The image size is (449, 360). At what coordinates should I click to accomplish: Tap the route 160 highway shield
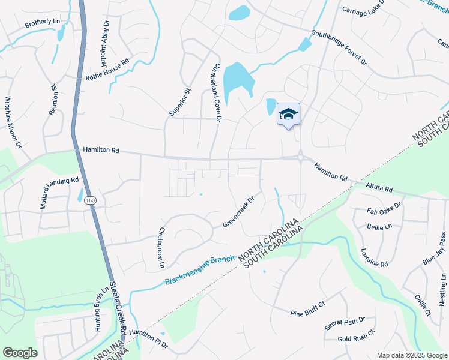point(89,200)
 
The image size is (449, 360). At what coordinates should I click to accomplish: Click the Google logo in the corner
point(20,353)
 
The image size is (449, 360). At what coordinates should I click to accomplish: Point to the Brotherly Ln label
point(43,23)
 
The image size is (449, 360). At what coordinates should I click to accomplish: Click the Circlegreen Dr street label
point(160,247)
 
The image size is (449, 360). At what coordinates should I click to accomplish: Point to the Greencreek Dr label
point(239,210)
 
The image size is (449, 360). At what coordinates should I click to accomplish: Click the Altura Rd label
point(379,188)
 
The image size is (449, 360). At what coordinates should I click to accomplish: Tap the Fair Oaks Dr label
point(384,212)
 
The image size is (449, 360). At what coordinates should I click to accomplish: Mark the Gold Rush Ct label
point(356,335)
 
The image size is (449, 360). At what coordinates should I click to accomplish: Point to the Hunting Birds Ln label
point(101,309)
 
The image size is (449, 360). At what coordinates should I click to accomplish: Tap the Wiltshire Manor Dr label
point(13,122)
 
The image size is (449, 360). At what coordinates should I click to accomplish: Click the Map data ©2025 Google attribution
point(412,355)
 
